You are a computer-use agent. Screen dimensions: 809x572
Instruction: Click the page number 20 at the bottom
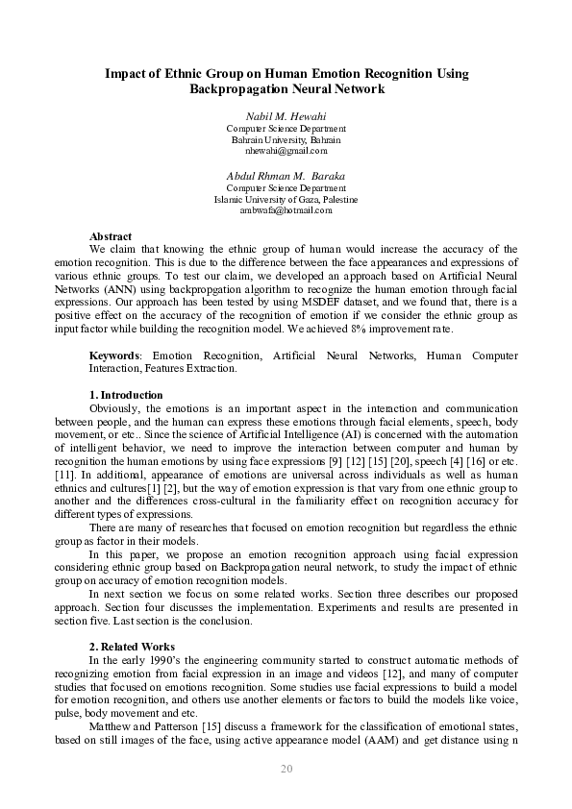point(286,769)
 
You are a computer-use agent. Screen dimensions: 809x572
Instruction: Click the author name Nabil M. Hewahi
point(286,116)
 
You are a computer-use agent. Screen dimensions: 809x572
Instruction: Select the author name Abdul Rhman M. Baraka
point(286,176)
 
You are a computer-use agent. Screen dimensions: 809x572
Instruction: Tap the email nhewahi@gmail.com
point(286,151)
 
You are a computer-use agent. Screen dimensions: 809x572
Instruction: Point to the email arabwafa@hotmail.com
point(286,210)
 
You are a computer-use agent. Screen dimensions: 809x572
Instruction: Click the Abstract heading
point(111,236)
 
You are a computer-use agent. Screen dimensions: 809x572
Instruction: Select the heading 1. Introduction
point(126,395)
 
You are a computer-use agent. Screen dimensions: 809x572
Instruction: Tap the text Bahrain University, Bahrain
point(286,139)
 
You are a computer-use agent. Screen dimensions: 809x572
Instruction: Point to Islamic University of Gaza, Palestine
point(286,199)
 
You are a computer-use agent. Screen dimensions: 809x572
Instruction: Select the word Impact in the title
point(125,73)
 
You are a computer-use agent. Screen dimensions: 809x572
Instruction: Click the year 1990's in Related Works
point(174,660)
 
